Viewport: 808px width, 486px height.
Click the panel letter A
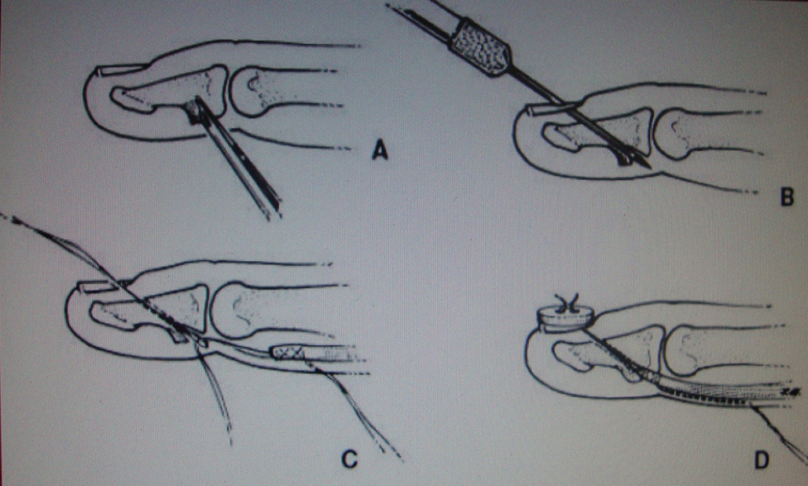380,151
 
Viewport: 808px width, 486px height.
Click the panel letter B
787,197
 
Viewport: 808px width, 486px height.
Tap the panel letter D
762,461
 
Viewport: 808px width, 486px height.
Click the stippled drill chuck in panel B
481,48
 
